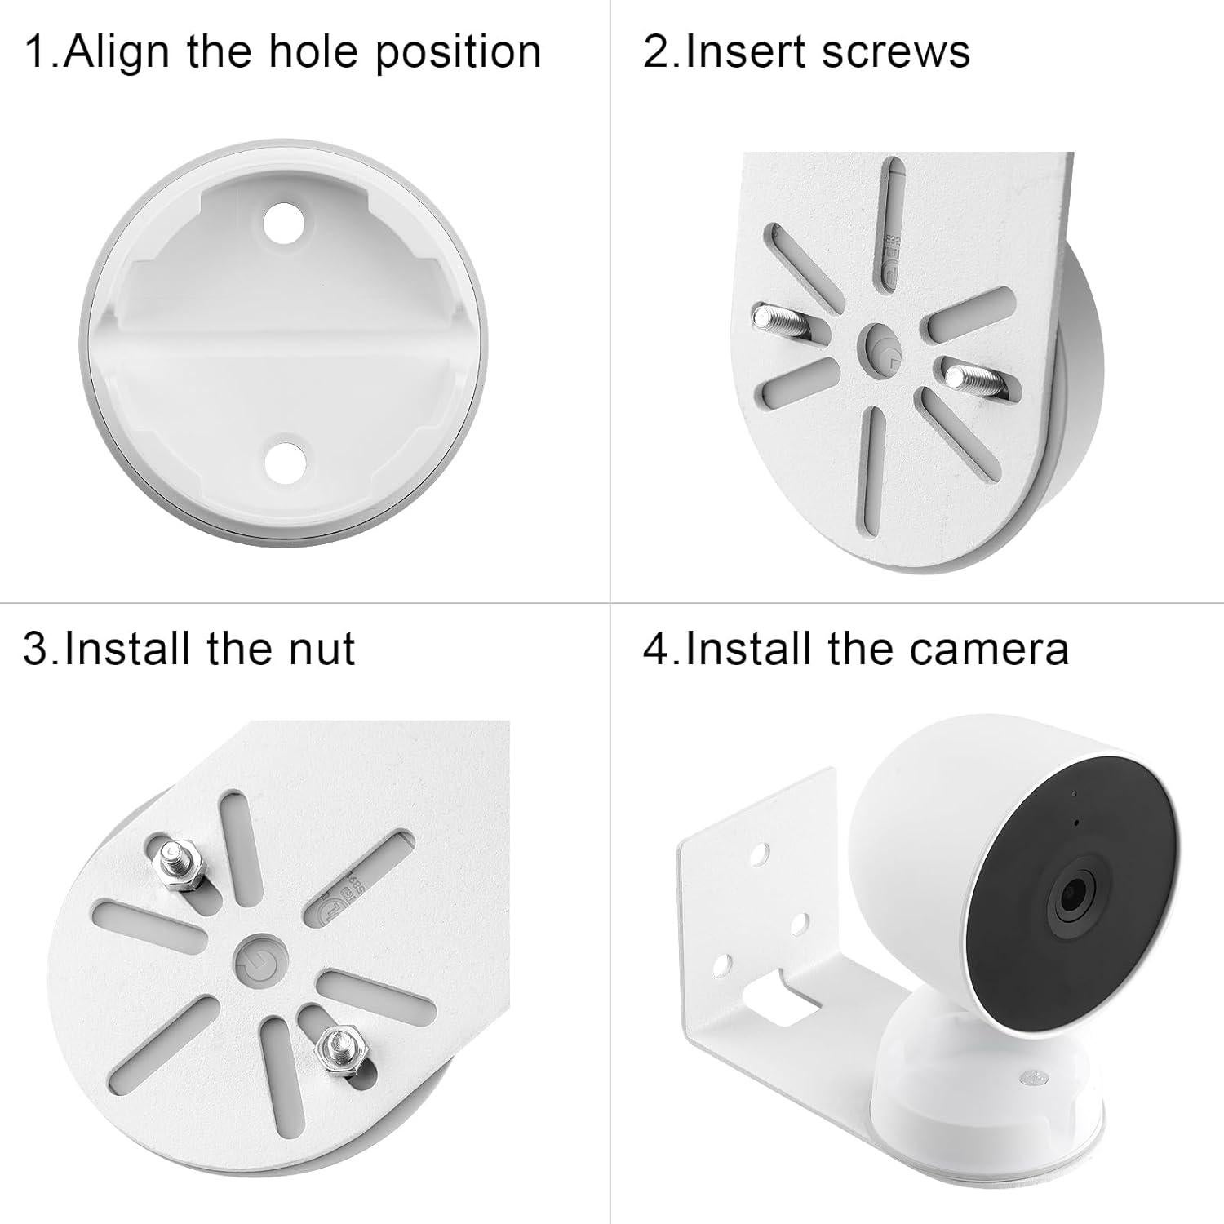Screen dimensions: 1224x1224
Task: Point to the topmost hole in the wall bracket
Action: [x=761, y=854]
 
